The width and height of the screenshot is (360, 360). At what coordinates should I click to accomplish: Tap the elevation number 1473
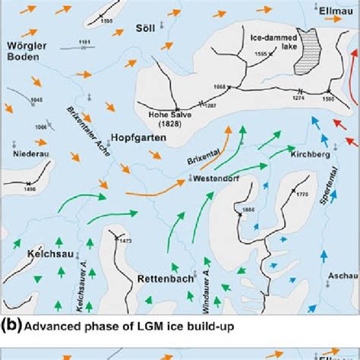click(x=125, y=241)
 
